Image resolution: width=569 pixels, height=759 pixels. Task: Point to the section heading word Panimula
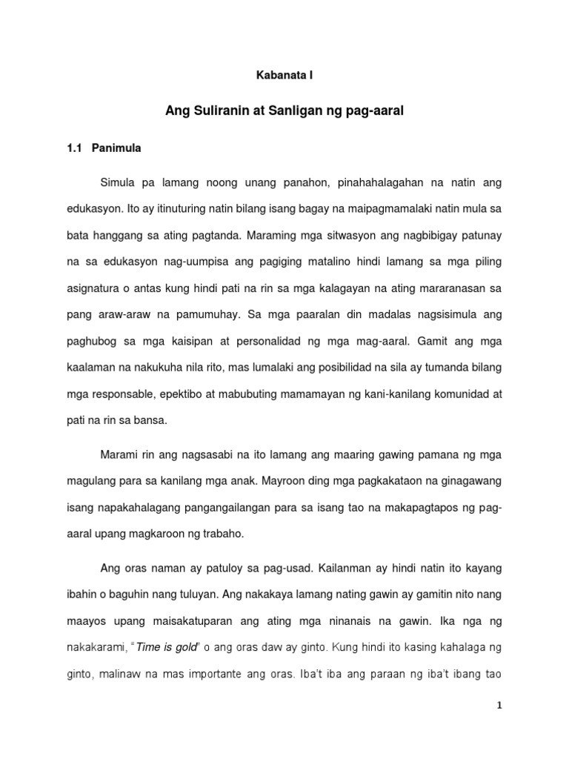tap(116, 148)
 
